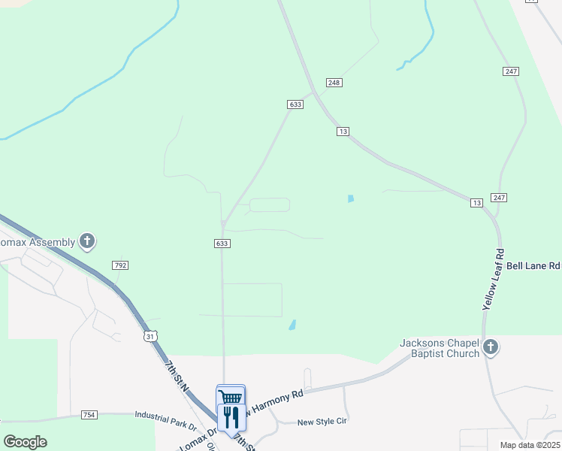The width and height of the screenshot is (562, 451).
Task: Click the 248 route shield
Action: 334,82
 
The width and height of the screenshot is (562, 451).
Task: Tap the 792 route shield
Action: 120,265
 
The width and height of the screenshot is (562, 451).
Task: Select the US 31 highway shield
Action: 151,335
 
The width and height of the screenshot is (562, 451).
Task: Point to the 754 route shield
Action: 89,414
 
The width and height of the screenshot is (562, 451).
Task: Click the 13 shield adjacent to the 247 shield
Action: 476,203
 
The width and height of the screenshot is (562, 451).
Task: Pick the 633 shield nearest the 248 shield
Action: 295,104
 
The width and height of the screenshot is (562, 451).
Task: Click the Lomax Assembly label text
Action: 38,242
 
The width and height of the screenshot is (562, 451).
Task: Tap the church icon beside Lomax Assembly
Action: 88,241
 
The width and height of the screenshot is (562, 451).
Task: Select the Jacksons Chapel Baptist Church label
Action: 440,348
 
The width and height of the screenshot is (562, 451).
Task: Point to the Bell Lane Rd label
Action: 533,265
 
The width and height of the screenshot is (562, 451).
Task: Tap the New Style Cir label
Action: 321,422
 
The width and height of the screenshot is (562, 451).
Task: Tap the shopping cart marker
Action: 231,397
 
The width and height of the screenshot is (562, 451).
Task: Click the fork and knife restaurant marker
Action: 231,416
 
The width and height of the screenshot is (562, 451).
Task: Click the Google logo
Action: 25,442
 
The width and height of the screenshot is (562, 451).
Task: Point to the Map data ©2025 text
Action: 530,445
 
